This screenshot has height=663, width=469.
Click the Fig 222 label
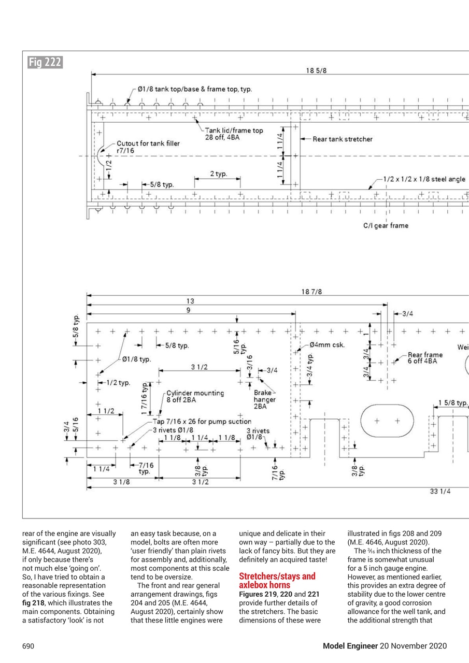pyautogui.click(x=45, y=63)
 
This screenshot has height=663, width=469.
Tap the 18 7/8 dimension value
pyautogui.click(x=311, y=292)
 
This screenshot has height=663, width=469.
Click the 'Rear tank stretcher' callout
pyautogui.click(x=342, y=139)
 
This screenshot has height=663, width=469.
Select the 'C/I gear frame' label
pyautogui.click(x=386, y=225)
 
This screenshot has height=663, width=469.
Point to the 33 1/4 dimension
pyautogui.click(x=440, y=492)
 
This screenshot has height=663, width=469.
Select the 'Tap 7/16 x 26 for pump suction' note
pyautogui.click(x=202, y=421)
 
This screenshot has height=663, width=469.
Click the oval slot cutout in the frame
pyautogui.click(x=387, y=421)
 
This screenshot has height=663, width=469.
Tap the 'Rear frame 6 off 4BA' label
pyautogui.click(x=425, y=357)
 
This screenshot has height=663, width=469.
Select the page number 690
pyautogui.click(x=28, y=646)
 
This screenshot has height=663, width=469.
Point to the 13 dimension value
pyautogui.click(x=190, y=300)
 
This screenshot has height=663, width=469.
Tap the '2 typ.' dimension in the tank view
pyautogui.click(x=218, y=174)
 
